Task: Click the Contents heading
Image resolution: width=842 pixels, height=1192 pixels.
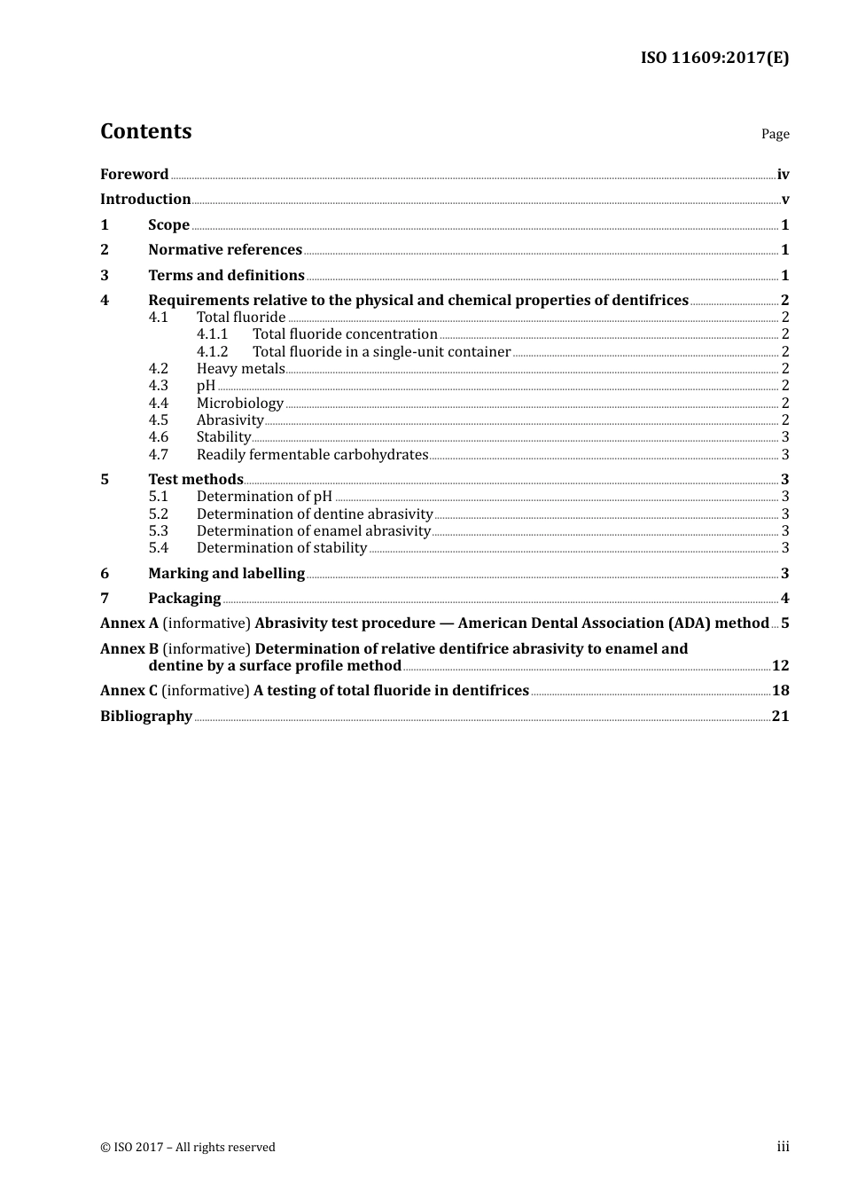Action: tap(145, 131)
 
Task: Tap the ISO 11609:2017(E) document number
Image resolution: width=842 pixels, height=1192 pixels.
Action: tap(714, 58)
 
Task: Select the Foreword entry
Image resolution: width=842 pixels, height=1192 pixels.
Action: tap(134, 175)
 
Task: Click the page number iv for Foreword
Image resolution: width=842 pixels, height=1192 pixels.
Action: tap(783, 175)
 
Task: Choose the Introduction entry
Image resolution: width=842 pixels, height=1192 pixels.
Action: tap(145, 200)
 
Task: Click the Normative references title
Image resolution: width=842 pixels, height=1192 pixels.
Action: tap(225, 250)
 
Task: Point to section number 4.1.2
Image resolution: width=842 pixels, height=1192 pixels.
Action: tap(212, 352)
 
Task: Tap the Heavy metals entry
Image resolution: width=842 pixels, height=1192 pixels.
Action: tap(240, 369)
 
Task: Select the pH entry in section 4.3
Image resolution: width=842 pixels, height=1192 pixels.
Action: tap(206, 386)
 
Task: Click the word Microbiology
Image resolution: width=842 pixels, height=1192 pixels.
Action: tap(239, 404)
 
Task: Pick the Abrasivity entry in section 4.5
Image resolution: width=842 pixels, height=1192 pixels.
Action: tap(230, 420)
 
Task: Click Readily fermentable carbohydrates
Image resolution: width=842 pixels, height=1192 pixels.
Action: tap(312, 455)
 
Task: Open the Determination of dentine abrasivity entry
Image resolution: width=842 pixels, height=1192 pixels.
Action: tap(315, 514)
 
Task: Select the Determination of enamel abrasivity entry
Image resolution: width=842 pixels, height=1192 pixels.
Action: tap(313, 531)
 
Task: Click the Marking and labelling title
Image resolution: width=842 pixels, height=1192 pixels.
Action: tap(226, 574)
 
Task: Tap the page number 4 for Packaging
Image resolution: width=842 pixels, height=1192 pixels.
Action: tap(784, 599)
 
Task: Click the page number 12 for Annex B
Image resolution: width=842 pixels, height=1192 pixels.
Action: tap(780, 666)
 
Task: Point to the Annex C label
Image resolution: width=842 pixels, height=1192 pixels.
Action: tap(129, 691)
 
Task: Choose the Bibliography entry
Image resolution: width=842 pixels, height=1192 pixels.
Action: tap(146, 717)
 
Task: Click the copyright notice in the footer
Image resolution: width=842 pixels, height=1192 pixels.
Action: tap(188, 1148)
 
